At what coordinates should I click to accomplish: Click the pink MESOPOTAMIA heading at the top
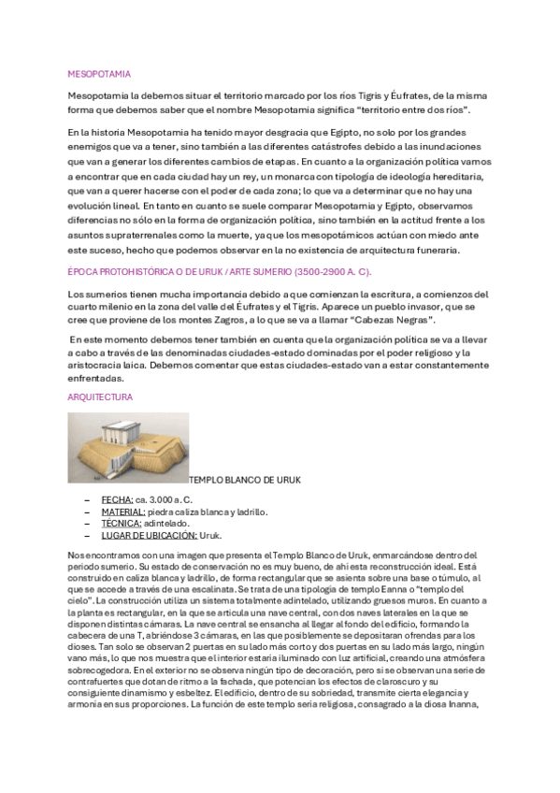pyautogui.click(x=99, y=73)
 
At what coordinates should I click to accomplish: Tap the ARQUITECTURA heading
pyautogui.click(x=100, y=397)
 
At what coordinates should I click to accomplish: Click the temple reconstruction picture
pyautogui.click(x=128, y=448)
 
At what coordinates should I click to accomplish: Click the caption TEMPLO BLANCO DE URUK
pyautogui.click(x=245, y=481)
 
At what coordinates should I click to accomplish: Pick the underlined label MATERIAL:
pyautogui.click(x=122, y=512)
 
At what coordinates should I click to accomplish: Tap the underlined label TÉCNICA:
pyautogui.click(x=120, y=524)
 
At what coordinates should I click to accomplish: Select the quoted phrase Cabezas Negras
pyautogui.click(x=397, y=319)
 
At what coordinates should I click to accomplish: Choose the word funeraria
pyautogui.click(x=433, y=251)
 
